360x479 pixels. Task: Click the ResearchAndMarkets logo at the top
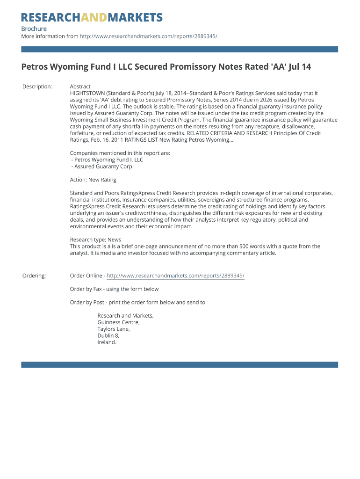92,18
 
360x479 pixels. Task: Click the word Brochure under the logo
34,29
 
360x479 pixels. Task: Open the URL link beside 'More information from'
148,36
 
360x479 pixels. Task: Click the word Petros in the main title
35,67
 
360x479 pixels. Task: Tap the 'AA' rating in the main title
279,67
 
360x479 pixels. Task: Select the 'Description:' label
37,87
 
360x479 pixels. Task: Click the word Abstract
80,87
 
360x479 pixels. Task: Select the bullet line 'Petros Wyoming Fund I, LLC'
107,160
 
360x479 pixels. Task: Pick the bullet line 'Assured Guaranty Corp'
101,166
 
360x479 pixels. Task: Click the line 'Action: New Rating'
93,180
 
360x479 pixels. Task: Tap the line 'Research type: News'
95,239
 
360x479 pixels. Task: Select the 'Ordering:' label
34,276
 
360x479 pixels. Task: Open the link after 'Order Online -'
175,276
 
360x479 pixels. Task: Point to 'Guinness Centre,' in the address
118,322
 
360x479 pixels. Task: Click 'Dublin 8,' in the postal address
108,335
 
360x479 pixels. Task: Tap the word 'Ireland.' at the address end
107,342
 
